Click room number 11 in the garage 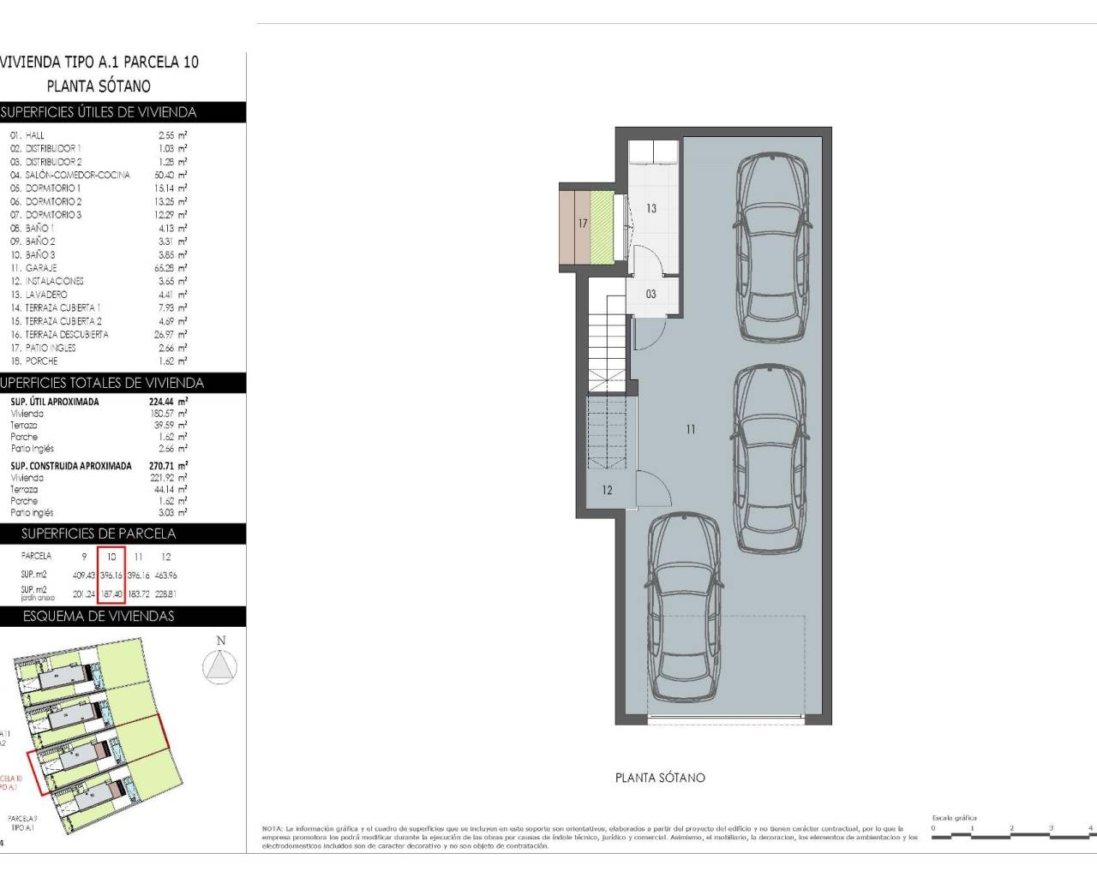click(x=691, y=430)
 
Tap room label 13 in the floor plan click(x=651, y=208)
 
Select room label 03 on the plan click(x=651, y=294)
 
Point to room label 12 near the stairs click(x=607, y=491)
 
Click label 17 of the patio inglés click(x=583, y=224)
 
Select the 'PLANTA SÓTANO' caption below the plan click(x=660, y=778)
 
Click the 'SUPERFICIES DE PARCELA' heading click(x=99, y=534)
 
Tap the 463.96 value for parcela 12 click(x=166, y=576)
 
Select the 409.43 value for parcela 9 click(x=84, y=576)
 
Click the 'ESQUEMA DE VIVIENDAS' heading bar click(x=99, y=617)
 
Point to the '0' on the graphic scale click(x=934, y=828)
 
